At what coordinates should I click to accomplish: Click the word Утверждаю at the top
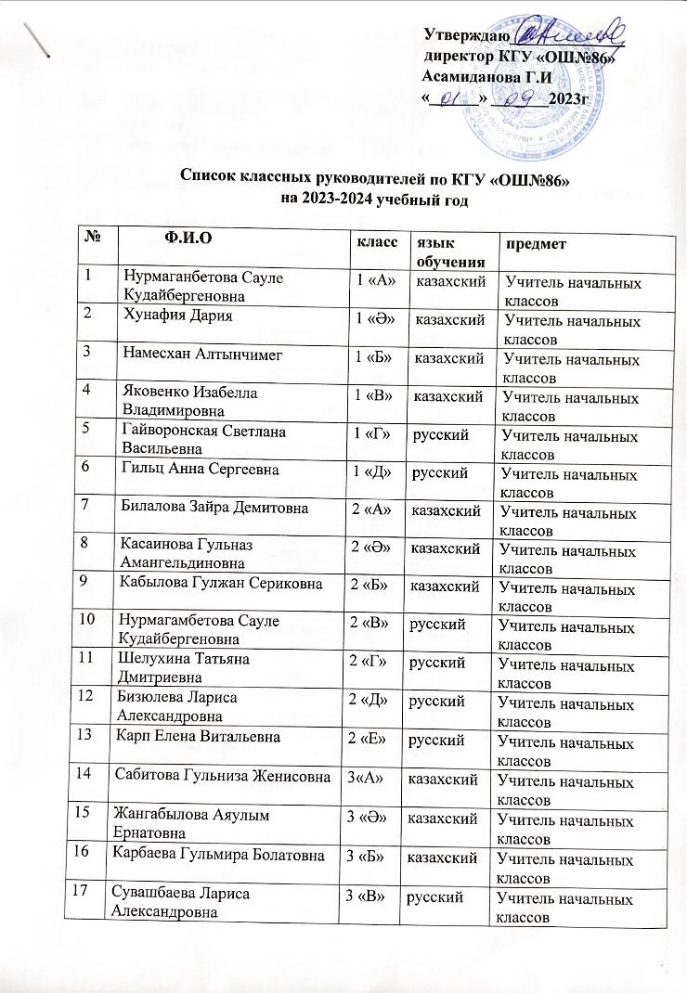463,35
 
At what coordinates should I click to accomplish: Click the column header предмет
535,243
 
